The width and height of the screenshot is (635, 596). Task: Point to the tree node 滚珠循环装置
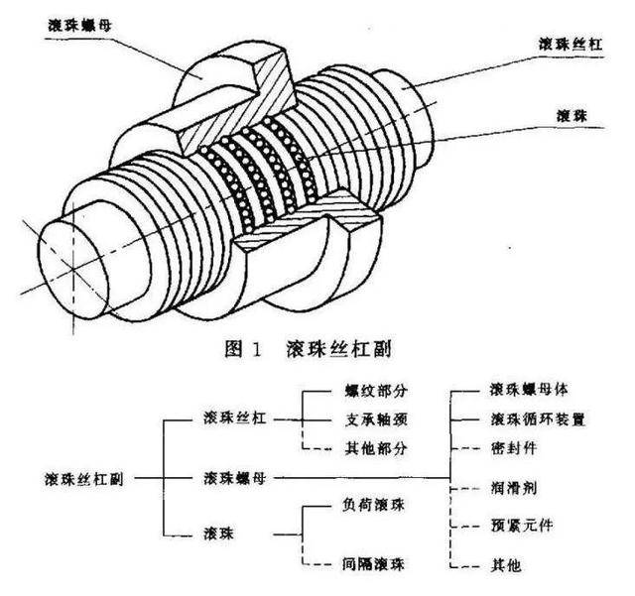click(x=538, y=418)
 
